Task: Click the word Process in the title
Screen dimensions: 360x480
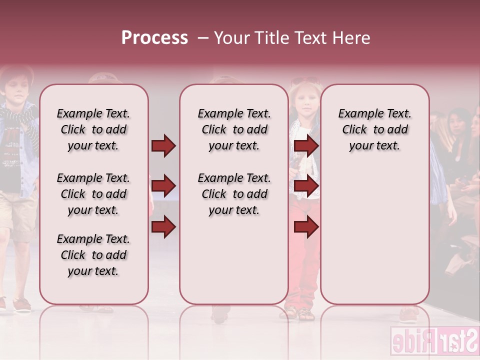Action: (x=154, y=38)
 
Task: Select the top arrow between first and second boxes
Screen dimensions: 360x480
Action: (x=163, y=145)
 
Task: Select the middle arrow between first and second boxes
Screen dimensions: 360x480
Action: (x=163, y=186)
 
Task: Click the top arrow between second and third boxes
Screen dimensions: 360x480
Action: (x=306, y=145)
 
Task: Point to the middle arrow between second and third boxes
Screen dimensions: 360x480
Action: (x=306, y=186)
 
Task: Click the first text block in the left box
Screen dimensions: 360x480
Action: (x=93, y=129)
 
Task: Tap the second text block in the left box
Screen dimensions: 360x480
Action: (x=93, y=194)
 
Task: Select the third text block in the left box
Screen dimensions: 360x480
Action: (x=93, y=255)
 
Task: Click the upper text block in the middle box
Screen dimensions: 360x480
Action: (x=234, y=129)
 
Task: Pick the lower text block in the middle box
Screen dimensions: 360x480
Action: (x=234, y=194)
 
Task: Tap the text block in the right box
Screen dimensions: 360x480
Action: (x=374, y=129)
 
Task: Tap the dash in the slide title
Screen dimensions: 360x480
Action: (x=202, y=38)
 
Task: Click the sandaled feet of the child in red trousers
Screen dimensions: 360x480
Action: (x=299, y=313)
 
